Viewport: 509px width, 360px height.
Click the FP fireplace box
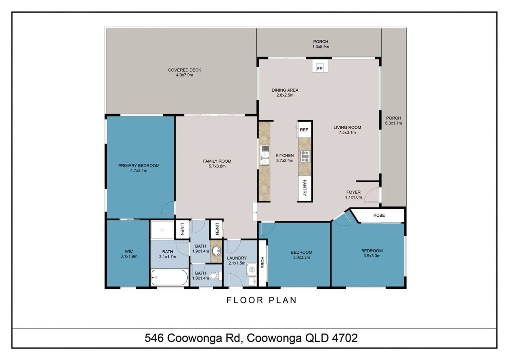tap(320, 68)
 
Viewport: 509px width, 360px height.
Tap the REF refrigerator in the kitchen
tap(304, 130)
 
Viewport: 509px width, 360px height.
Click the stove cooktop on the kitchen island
tap(305, 156)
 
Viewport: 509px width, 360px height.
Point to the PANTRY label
tap(305, 188)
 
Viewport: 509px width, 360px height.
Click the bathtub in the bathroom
tap(169, 277)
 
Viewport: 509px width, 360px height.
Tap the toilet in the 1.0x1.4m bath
tap(213, 275)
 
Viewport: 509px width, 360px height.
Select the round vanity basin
tap(216, 251)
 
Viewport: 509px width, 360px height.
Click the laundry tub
tap(251, 269)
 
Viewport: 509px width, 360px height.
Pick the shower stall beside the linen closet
tap(162, 230)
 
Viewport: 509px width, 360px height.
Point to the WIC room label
tap(129, 252)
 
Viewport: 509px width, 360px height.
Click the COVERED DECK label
tap(185, 70)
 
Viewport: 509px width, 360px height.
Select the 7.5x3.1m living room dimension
tap(347, 132)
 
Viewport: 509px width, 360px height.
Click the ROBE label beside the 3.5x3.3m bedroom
tap(379, 215)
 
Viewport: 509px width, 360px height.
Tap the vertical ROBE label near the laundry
tap(262, 262)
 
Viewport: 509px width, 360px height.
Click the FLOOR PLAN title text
tap(262, 300)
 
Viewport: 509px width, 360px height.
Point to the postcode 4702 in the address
tap(345, 338)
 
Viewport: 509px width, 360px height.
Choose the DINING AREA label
tap(285, 90)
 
